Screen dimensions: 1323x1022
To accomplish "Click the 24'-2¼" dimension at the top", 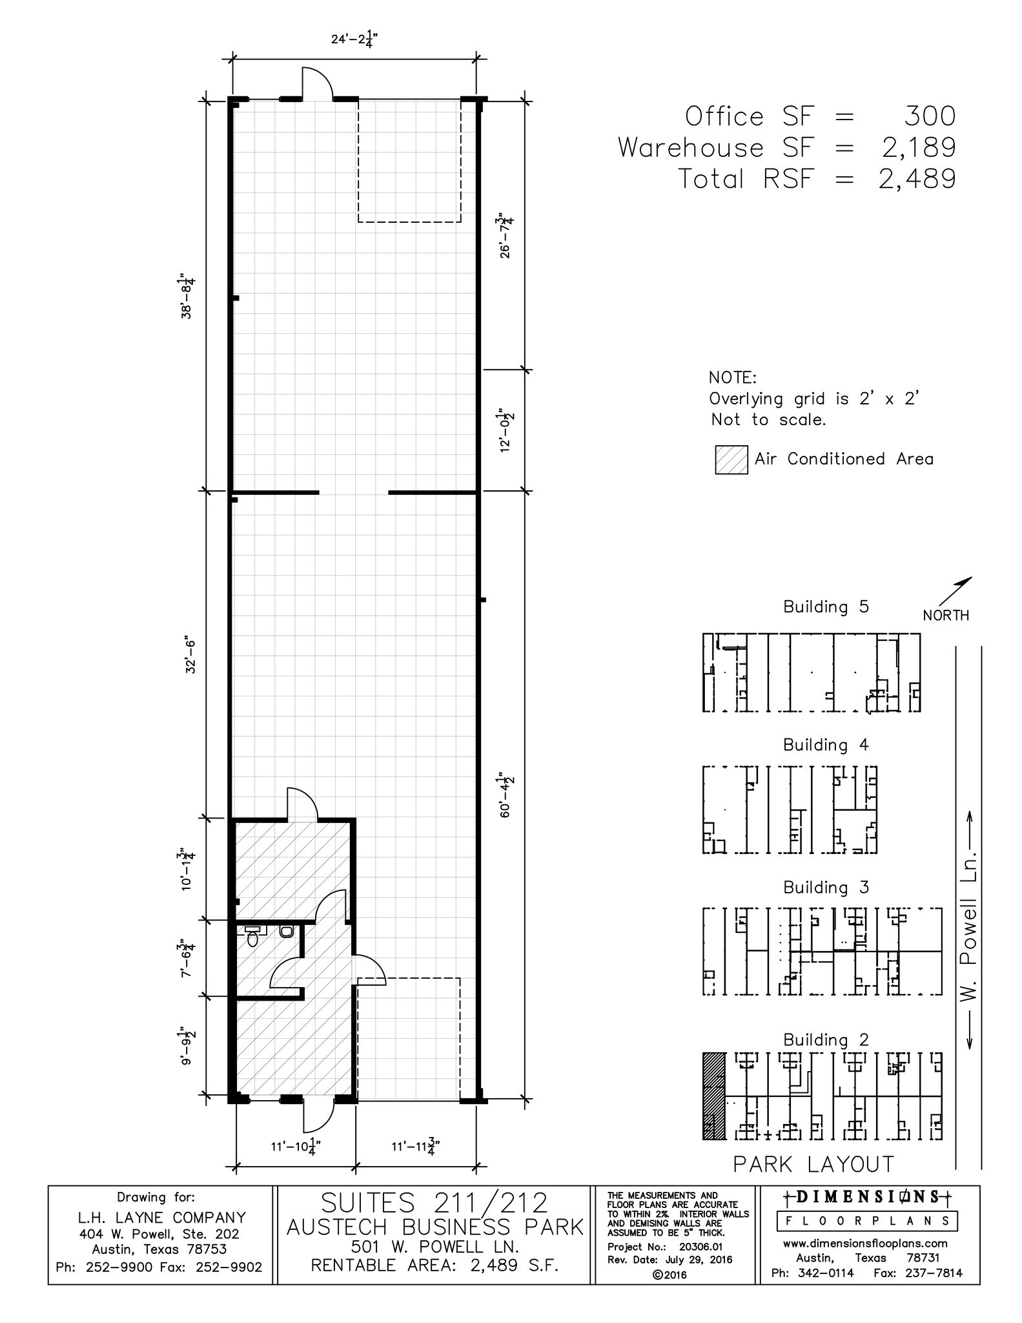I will point(354,39).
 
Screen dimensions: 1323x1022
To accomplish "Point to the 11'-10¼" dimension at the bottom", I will point(296,1147).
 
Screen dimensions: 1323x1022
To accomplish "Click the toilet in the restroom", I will point(286,932).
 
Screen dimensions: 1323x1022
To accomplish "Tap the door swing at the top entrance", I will point(317,82).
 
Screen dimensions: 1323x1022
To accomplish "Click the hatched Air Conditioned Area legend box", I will point(731,460).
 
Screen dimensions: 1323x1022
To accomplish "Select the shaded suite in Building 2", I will point(713,1096).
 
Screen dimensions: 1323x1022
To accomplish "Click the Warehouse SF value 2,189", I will point(916,147).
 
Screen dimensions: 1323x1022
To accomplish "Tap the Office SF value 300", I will point(929,116).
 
